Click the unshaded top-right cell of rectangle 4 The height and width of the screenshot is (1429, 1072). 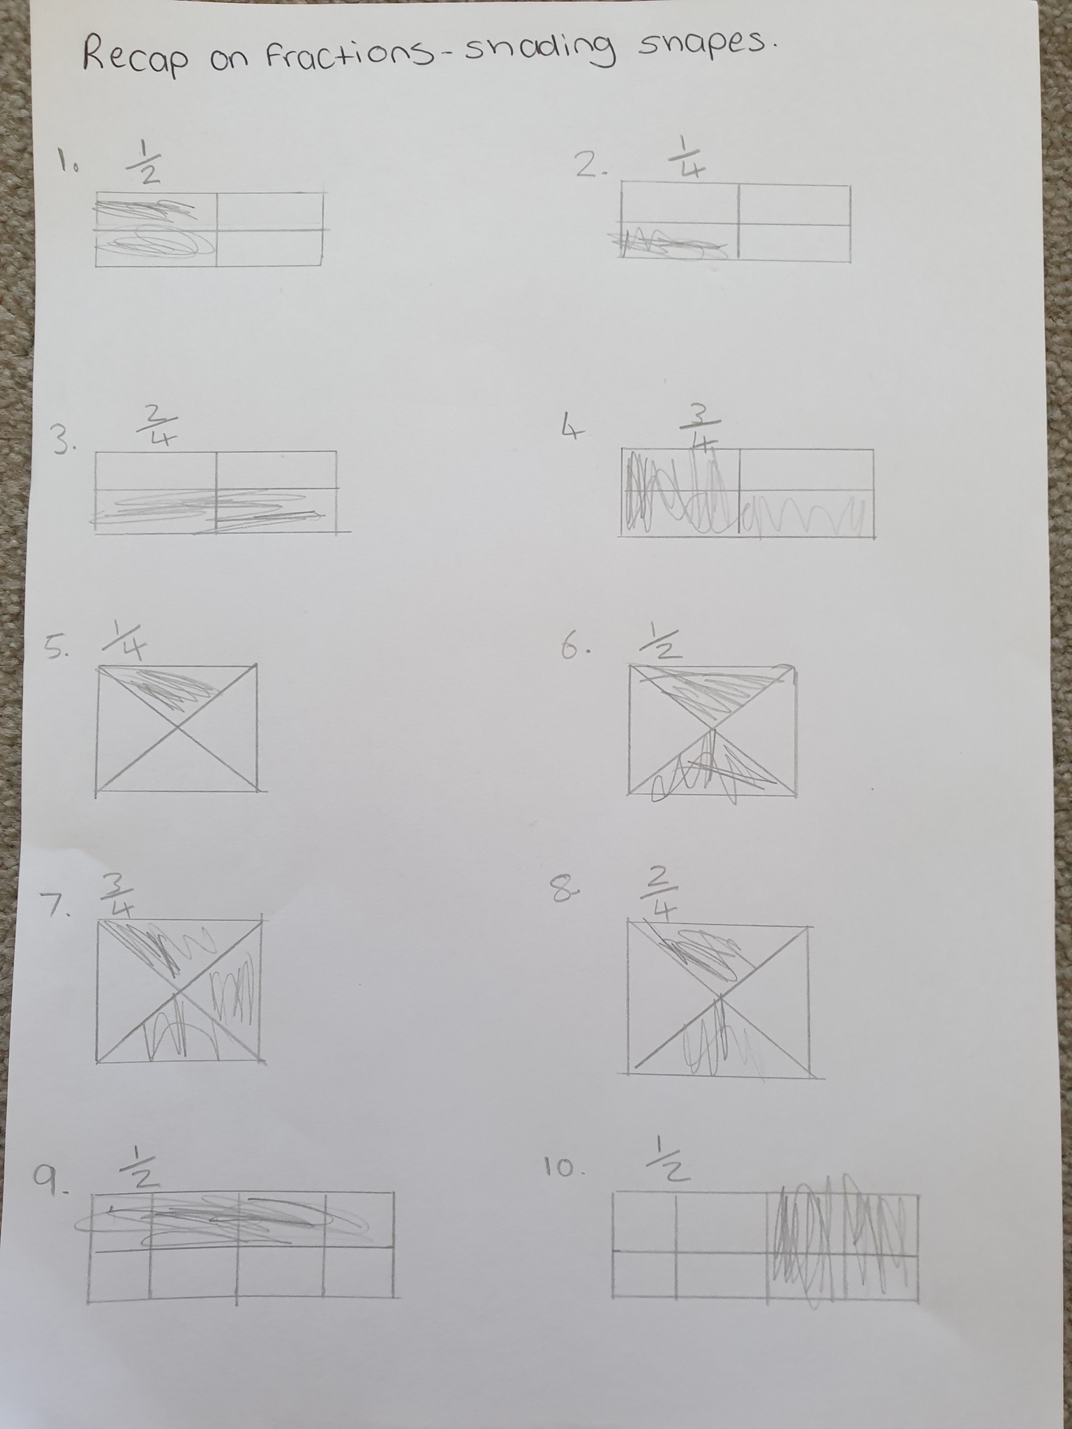[805, 469]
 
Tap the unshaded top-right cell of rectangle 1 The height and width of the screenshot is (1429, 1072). [269, 211]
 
